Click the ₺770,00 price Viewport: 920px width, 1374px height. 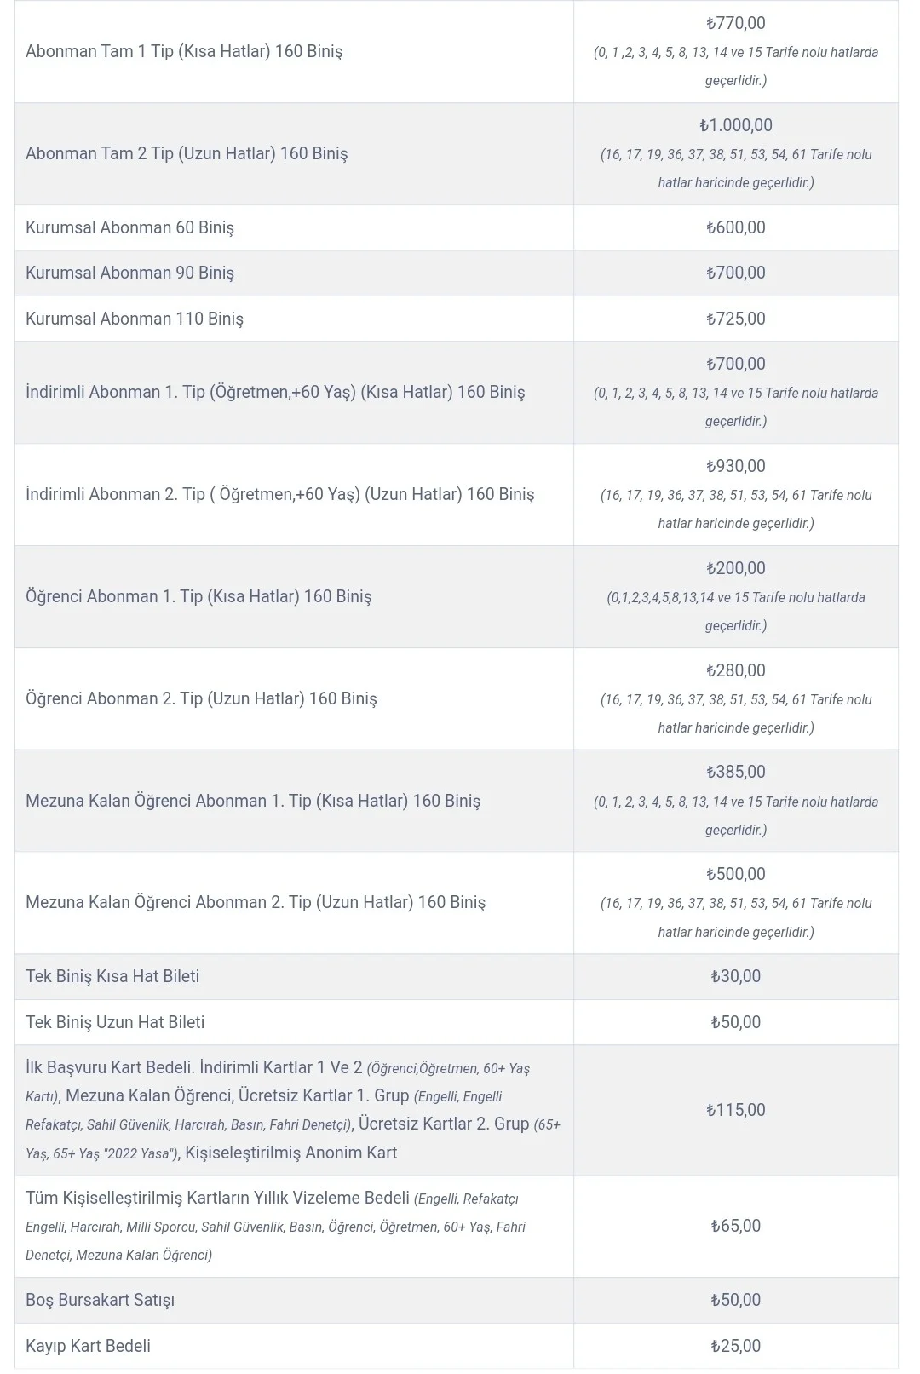(x=736, y=24)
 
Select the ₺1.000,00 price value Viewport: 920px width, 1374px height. (x=736, y=126)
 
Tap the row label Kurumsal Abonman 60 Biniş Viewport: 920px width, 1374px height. (x=129, y=227)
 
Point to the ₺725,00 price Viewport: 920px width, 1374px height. (x=736, y=319)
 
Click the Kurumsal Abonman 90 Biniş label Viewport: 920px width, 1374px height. (x=129, y=273)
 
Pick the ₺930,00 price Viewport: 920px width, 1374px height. (x=736, y=466)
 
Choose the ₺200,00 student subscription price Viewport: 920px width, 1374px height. (x=736, y=568)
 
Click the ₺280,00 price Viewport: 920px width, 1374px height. (x=736, y=670)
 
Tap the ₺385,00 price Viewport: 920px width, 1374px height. (x=736, y=772)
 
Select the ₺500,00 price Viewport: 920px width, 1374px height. (x=736, y=874)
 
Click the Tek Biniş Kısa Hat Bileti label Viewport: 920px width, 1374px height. (x=112, y=976)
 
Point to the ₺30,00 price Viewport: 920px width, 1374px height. (x=736, y=976)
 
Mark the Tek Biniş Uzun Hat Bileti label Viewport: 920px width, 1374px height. (x=115, y=1022)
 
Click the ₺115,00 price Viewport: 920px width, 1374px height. (x=736, y=1110)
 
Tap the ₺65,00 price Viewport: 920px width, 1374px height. (x=736, y=1226)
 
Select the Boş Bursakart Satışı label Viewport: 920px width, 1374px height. (x=100, y=1300)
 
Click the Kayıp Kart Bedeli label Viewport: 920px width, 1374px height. (x=88, y=1346)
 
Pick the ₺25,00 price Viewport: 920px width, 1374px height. (x=736, y=1346)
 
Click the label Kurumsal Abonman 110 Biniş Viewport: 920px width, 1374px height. (x=135, y=319)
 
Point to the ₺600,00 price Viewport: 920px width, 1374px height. (x=736, y=227)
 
